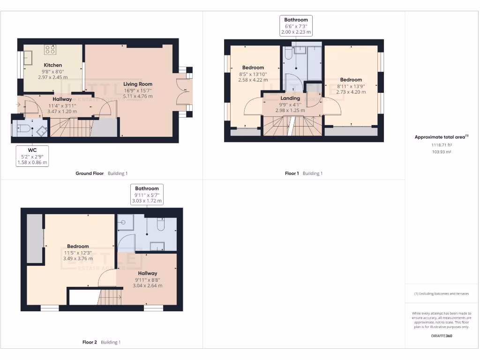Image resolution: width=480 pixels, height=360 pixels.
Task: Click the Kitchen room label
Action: pos(53,65)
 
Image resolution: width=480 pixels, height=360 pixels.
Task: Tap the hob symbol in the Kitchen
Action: pos(50,49)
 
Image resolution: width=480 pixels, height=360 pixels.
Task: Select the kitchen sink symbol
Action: pos(27,58)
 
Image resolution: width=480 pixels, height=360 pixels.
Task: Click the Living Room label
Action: pos(138,84)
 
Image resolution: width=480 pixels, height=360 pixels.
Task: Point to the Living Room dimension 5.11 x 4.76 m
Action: pos(138,96)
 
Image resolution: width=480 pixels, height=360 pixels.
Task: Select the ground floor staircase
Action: pos(70,127)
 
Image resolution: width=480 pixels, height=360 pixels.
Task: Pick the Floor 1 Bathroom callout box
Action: pos(296,26)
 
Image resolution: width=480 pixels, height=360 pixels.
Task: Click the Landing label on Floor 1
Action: pos(290,98)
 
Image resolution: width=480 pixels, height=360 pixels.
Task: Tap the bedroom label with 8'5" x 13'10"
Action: pos(253,67)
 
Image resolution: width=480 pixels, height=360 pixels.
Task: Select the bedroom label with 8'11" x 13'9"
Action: pos(351,80)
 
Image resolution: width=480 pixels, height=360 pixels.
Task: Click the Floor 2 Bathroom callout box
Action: pos(148,195)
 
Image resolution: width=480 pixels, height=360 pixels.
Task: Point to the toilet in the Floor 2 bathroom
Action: pos(160,226)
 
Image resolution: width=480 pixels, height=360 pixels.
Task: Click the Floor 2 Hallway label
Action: pos(148,273)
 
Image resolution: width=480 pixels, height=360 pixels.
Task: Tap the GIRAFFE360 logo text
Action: pos(441,336)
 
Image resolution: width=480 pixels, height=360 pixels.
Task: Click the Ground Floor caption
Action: pos(90,173)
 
